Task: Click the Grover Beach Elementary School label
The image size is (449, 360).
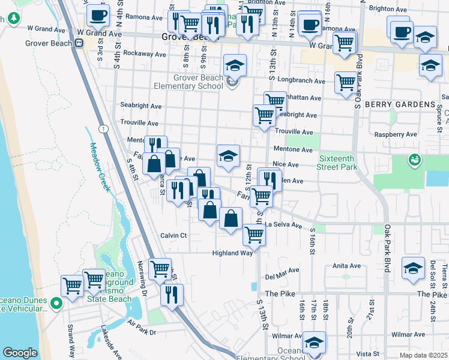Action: pyautogui.click(x=189, y=82)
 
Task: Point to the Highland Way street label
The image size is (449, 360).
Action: pyautogui.click(x=232, y=253)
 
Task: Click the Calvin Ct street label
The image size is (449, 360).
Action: pyautogui.click(x=174, y=235)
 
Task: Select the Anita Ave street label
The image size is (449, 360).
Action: pyautogui.click(x=346, y=266)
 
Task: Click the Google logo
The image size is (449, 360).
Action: pyautogui.click(x=20, y=353)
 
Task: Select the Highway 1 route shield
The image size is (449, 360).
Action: pyautogui.click(x=104, y=129)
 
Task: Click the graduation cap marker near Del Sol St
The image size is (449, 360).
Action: pyautogui.click(x=413, y=268)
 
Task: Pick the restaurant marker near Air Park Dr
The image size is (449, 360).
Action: pyautogui.click(x=172, y=294)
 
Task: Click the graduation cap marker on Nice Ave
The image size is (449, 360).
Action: pyautogui.click(x=228, y=156)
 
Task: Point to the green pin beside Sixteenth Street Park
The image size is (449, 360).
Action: pyautogui.click(x=414, y=160)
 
